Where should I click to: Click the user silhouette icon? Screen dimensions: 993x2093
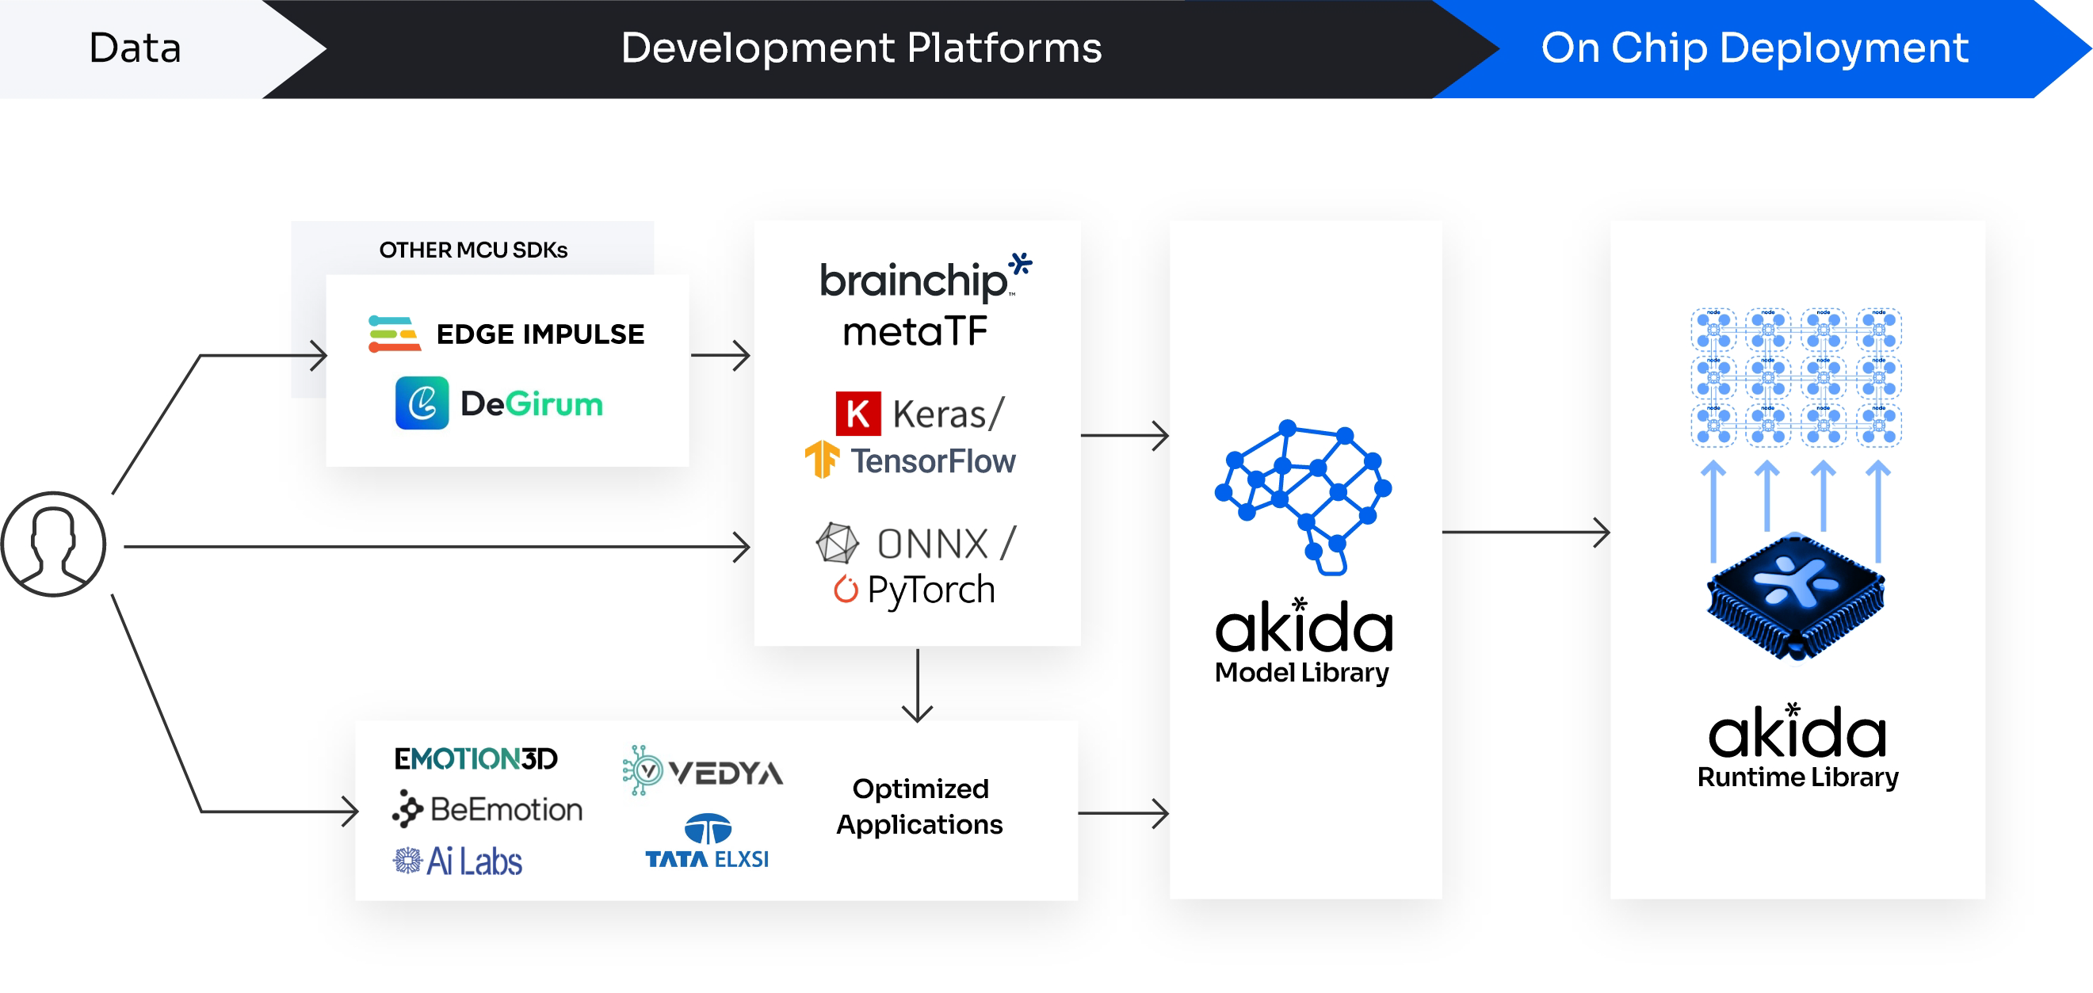click(54, 544)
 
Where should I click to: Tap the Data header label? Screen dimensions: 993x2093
click(135, 48)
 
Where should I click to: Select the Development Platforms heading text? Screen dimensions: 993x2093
click(861, 48)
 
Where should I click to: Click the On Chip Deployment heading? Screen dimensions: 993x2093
click(1753, 48)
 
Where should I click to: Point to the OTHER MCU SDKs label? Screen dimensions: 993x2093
click(473, 250)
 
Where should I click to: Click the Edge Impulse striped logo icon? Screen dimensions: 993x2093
click(394, 334)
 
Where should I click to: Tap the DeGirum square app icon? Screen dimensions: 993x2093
click(422, 403)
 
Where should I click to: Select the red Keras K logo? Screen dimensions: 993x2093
click(857, 413)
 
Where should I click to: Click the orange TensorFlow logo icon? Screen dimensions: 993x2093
click(822, 459)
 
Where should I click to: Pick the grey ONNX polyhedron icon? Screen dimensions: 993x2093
click(837, 543)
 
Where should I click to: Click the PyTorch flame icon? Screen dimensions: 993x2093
click(846, 589)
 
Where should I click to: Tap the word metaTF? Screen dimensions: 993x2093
click(915, 331)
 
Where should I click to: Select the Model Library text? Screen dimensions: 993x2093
click(1301, 673)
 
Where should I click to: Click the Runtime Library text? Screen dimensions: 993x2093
click(1797, 777)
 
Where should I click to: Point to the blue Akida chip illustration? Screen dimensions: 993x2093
click(1796, 595)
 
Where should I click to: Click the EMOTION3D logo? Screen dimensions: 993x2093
click(476, 758)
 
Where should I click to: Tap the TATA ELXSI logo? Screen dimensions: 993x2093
click(707, 842)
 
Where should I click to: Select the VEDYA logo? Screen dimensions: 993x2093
click(703, 770)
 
